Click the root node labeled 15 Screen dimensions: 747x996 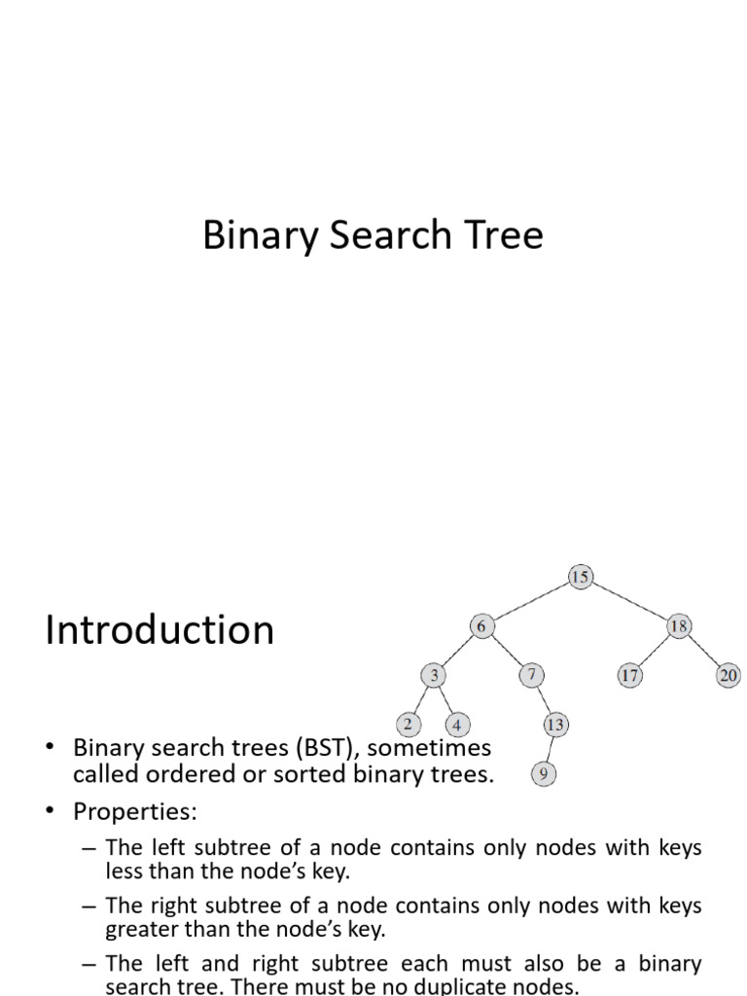(580, 578)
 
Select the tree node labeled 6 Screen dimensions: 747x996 (481, 626)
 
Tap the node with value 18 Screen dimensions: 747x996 (678, 626)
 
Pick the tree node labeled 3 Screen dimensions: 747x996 (433, 675)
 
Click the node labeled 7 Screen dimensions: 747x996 (531, 675)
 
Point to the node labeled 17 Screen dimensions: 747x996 (629, 675)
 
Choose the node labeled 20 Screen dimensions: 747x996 (729, 675)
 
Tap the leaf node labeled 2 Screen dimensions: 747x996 (408, 725)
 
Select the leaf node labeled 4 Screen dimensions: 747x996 (457, 725)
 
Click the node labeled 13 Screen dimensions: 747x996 (554, 725)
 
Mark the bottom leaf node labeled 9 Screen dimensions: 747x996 (543, 774)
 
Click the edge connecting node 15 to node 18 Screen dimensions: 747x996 (629, 602)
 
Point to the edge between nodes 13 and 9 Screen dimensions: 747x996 (549, 749)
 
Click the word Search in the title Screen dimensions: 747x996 (390, 236)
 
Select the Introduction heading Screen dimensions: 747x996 (160, 630)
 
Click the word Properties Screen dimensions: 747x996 (134, 810)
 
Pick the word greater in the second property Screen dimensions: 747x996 (144, 929)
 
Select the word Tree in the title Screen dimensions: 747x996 (503, 236)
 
